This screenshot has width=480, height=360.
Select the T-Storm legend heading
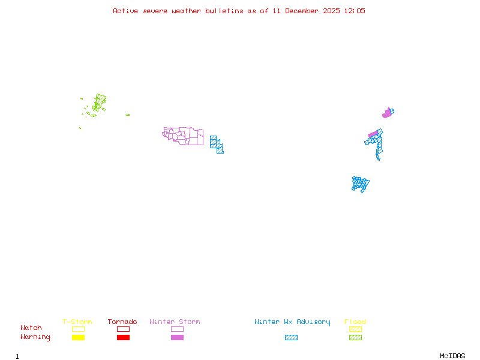pyautogui.click(x=77, y=322)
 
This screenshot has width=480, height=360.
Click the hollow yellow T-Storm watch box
pyautogui.click(x=78, y=329)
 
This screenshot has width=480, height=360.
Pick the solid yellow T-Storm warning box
pyautogui.click(x=78, y=337)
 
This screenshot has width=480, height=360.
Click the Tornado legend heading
pyautogui.click(x=122, y=322)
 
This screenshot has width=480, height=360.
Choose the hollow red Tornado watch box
pyautogui.click(x=123, y=329)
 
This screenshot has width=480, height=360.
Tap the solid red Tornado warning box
pyautogui.click(x=123, y=337)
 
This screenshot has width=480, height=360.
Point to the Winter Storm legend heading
pyautogui.click(x=175, y=322)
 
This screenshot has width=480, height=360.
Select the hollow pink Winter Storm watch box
pyautogui.click(x=177, y=329)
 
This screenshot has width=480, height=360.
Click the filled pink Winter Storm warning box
pyautogui.click(x=177, y=337)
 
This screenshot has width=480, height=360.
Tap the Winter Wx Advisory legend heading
pyautogui.click(x=292, y=322)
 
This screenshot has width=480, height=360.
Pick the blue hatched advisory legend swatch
pyautogui.click(x=291, y=337)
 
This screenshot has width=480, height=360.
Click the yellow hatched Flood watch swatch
pyautogui.click(x=355, y=329)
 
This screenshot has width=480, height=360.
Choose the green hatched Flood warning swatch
pyautogui.click(x=355, y=337)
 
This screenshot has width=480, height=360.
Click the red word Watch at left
pyautogui.click(x=31, y=328)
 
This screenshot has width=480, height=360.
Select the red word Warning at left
pyautogui.click(x=35, y=337)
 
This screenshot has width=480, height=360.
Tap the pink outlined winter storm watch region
pyautogui.click(x=184, y=136)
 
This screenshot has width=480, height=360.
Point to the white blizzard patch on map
pyautogui.click(x=382, y=160)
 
